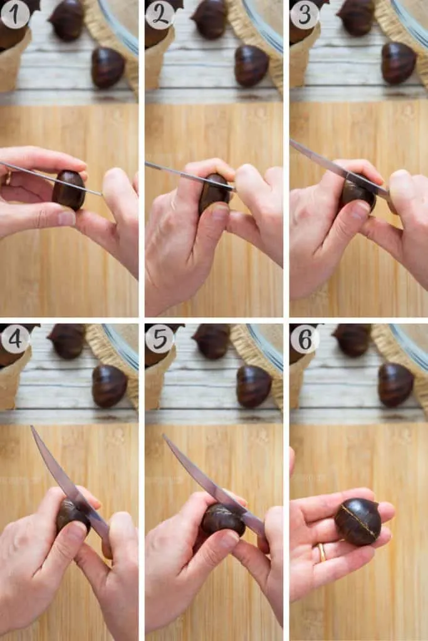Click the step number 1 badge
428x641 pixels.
click(15, 14)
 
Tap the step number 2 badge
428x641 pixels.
click(160, 14)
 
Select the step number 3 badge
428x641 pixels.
click(305, 14)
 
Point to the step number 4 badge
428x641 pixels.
click(15, 339)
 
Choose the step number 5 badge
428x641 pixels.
click(160, 339)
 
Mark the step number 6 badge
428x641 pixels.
click(305, 339)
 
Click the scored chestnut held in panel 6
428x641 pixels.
click(358, 521)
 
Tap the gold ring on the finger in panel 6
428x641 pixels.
click(322, 551)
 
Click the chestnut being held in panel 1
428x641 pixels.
click(69, 190)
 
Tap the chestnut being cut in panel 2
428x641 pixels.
click(214, 193)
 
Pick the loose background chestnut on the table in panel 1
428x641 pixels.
click(108, 67)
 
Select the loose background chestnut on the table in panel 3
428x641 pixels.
click(399, 63)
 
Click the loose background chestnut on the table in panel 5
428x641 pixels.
click(254, 386)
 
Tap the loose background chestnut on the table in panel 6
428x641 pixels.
click(395, 384)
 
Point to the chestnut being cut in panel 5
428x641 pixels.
click(222, 520)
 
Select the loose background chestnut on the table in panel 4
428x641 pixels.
click(109, 386)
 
